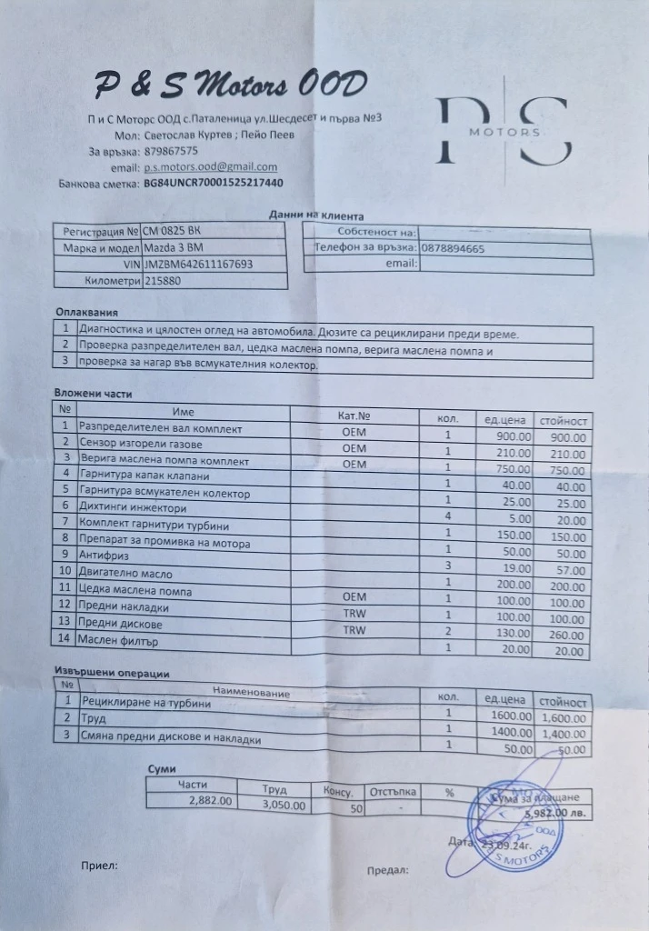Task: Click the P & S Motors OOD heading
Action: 232,87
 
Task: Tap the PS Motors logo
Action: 504,132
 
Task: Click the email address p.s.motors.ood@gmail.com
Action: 210,167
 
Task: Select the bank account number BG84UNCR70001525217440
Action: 214,183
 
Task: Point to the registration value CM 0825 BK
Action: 172,231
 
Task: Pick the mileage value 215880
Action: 163,281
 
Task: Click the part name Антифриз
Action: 101,554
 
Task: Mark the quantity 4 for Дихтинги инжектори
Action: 448,516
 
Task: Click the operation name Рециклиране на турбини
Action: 145,703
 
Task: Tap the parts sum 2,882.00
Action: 210,801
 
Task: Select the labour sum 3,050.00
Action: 284,806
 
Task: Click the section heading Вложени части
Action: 93,394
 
